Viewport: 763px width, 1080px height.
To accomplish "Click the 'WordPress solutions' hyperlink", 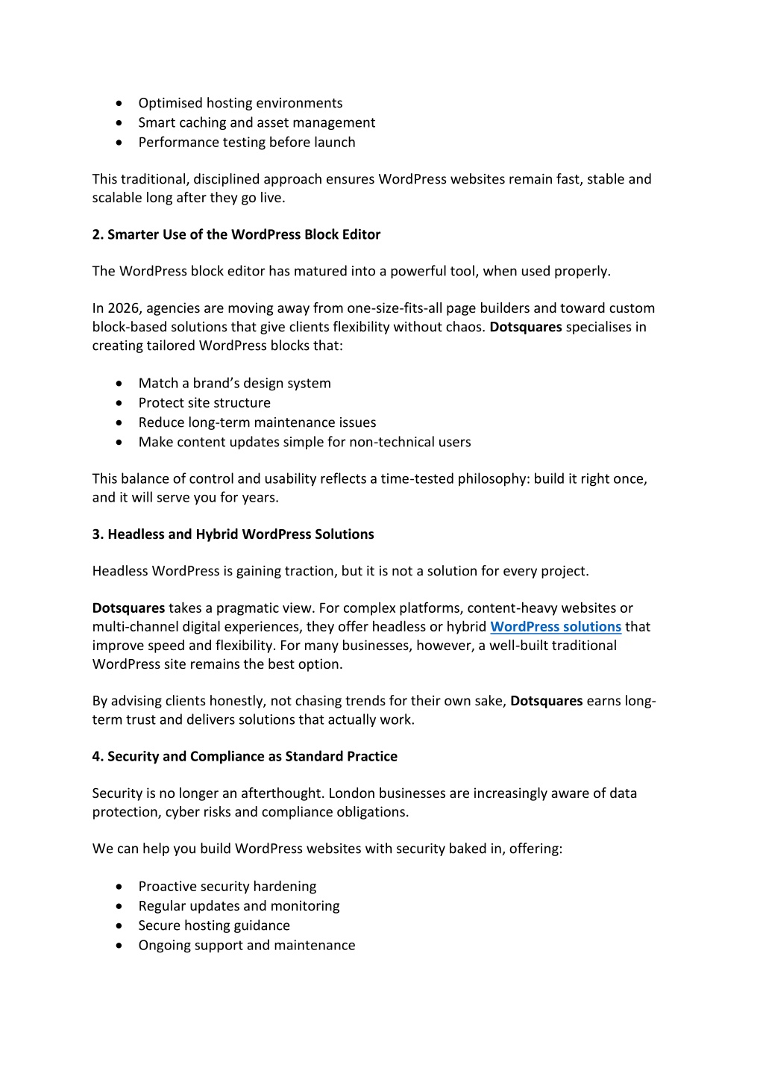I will tap(556, 627).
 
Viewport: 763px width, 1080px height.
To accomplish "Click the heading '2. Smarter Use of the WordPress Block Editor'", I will tap(236, 234).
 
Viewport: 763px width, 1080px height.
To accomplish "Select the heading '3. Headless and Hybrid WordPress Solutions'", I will tap(233, 534).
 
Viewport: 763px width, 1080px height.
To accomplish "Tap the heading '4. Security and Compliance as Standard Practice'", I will tap(245, 756).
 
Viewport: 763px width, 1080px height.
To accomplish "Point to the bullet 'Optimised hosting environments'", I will tap(240, 103).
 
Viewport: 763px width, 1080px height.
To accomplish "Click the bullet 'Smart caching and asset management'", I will tap(257, 122).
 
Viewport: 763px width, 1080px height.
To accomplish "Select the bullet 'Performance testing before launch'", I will tap(247, 142).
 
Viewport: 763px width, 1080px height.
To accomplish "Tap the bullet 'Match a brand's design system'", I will tap(234, 383).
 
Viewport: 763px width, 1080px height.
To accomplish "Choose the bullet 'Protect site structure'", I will tap(204, 402).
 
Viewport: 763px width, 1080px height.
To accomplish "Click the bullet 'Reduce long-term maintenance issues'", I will tap(257, 422).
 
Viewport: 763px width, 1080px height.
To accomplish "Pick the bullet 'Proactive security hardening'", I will tap(227, 886).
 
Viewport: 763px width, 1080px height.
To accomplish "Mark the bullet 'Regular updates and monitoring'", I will tap(239, 905).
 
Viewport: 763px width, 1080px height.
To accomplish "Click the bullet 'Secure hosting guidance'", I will tap(214, 926).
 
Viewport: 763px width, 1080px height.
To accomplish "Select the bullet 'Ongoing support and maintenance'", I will tap(247, 945).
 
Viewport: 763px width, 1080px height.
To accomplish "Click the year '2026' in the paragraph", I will tap(124, 308).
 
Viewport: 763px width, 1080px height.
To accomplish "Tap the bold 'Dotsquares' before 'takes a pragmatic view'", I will tap(128, 608).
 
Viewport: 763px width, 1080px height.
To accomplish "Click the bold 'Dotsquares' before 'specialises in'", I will tap(526, 327).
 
